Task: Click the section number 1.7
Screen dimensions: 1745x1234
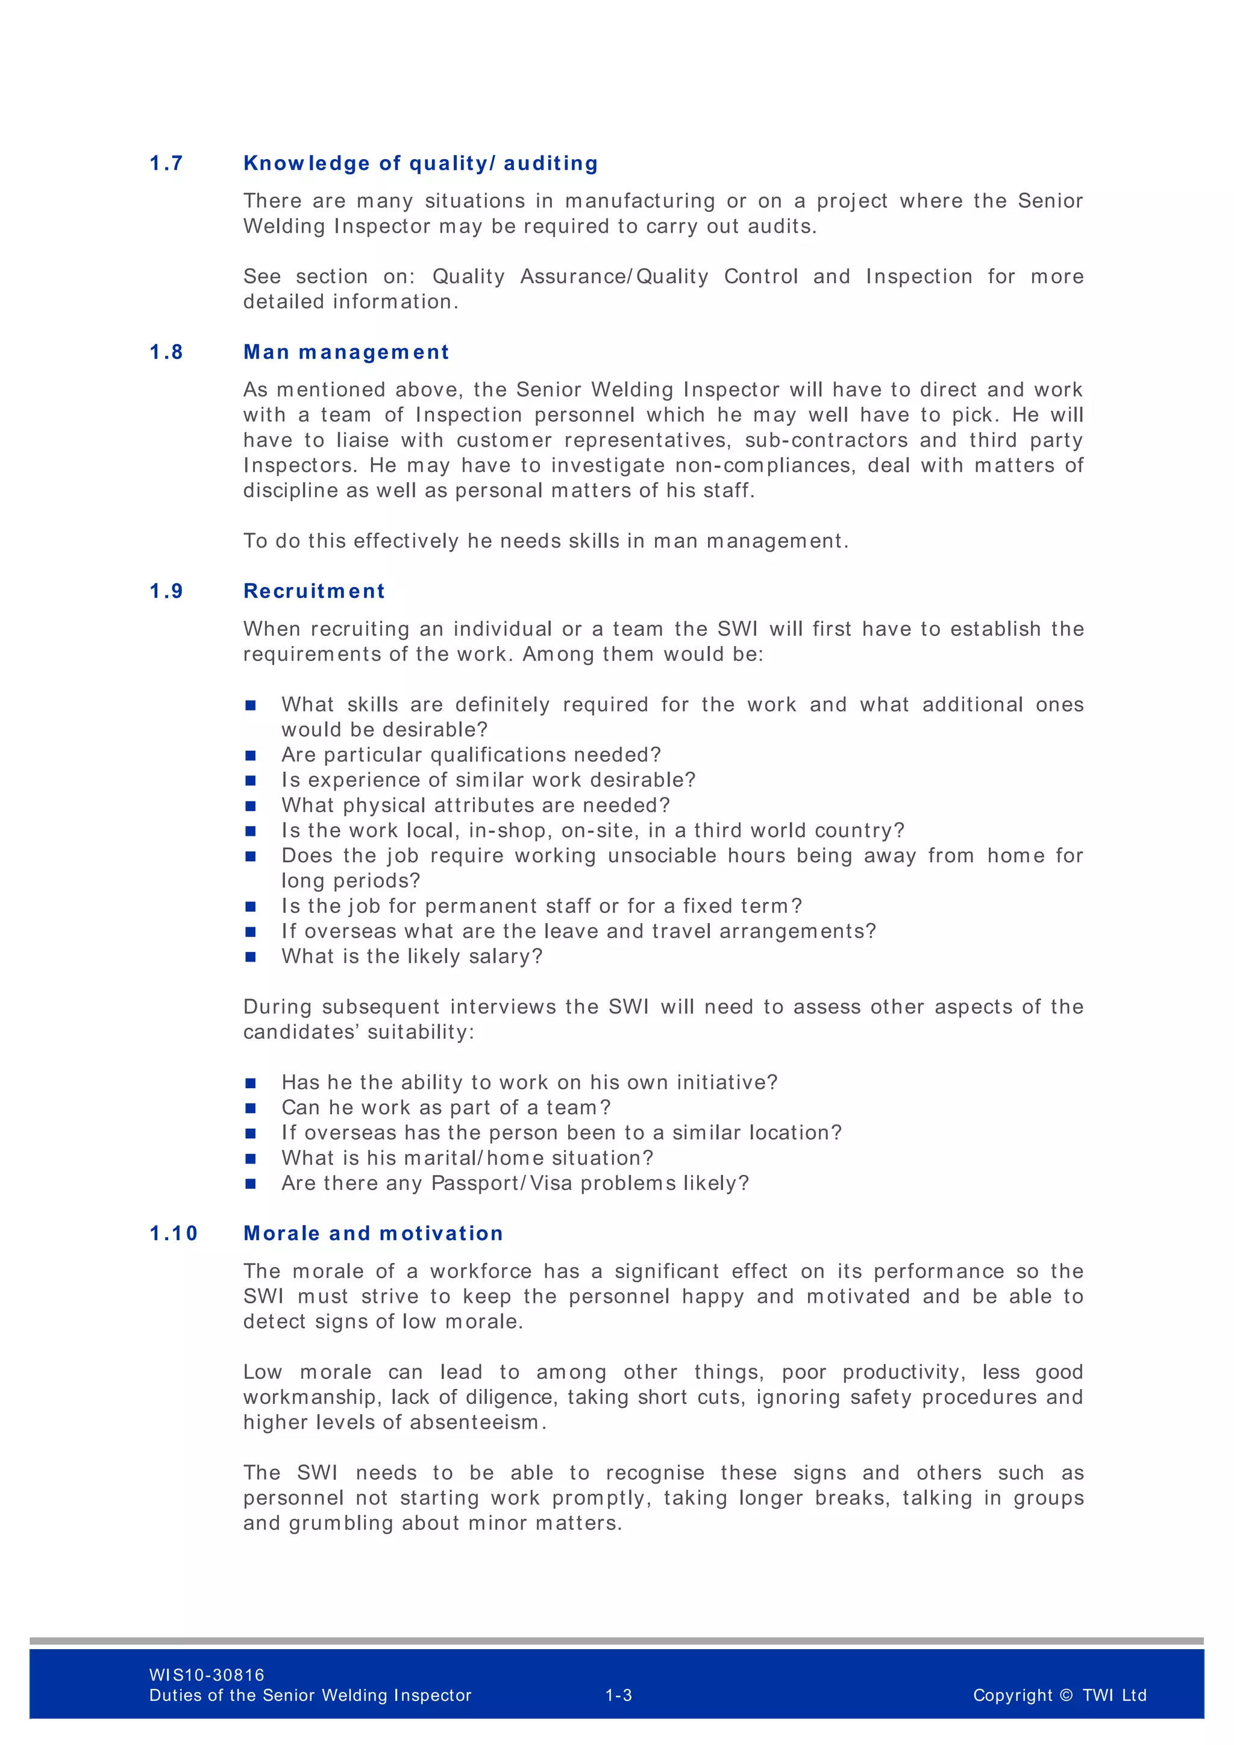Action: [166, 163]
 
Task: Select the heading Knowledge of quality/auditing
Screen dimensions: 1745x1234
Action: [420, 163]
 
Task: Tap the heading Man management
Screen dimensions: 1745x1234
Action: [346, 352]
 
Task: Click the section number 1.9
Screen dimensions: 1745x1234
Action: [166, 591]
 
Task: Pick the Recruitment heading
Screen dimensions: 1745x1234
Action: [314, 591]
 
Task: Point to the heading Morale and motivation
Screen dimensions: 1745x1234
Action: [373, 1233]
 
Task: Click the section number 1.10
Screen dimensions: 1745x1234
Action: [174, 1233]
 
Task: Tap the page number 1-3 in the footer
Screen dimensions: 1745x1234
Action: [619, 1695]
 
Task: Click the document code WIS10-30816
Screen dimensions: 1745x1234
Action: [207, 1675]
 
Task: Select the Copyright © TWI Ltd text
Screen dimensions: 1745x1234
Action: [1059, 1695]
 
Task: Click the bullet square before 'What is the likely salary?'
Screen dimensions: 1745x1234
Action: [251, 957]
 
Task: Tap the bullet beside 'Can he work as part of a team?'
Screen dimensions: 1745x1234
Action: [251, 1108]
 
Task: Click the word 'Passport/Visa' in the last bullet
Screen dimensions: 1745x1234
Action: [501, 1183]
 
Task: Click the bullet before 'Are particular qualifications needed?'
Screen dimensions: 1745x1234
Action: [251, 756]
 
